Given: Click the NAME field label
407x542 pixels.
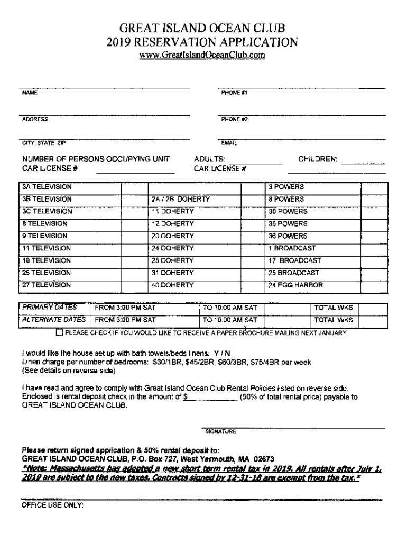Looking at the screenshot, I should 30,92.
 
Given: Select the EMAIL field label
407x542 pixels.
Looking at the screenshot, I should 229,143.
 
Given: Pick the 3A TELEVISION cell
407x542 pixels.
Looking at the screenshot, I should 47,187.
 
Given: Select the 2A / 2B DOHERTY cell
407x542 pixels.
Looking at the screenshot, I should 181,200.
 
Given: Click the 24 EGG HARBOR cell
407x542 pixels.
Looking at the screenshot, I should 295,285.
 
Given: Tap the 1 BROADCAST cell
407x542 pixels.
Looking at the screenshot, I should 292,248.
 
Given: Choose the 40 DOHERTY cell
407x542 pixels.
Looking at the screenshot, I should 173,285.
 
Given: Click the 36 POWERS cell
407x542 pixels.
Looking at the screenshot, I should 288,236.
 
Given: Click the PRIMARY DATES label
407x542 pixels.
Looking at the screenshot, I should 49,308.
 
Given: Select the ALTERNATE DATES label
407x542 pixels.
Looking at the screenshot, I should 53,320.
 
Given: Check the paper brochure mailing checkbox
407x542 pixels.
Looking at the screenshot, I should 59,333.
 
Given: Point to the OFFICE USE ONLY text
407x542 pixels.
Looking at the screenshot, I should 52,505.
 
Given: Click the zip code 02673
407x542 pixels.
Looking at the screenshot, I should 263,459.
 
